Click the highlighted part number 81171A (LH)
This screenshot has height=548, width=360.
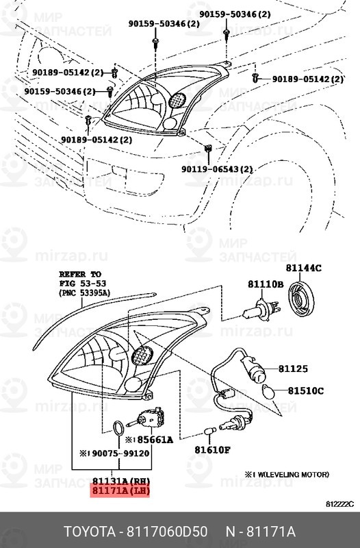(x=120, y=490)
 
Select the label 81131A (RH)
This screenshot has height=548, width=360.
(x=120, y=481)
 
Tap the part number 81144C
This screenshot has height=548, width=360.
(x=304, y=268)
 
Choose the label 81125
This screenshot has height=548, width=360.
(x=293, y=369)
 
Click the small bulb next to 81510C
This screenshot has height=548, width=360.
(x=268, y=392)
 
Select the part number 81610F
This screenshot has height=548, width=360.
(x=212, y=449)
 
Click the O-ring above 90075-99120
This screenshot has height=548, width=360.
(x=118, y=428)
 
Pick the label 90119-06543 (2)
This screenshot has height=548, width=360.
(x=217, y=169)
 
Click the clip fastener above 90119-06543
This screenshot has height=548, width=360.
(x=208, y=148)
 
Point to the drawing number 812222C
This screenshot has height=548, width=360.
(x=339, y=504)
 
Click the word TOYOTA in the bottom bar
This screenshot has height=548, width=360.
(x=90, y=532)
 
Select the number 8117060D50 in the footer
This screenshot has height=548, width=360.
(x=166, y=532)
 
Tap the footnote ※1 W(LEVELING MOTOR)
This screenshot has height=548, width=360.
(x=286, y=475)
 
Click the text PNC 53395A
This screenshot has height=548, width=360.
(x=84, y=293)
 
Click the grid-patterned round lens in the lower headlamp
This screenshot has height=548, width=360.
(x=142, y=356)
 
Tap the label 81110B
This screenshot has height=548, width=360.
(x=266, y=284)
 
